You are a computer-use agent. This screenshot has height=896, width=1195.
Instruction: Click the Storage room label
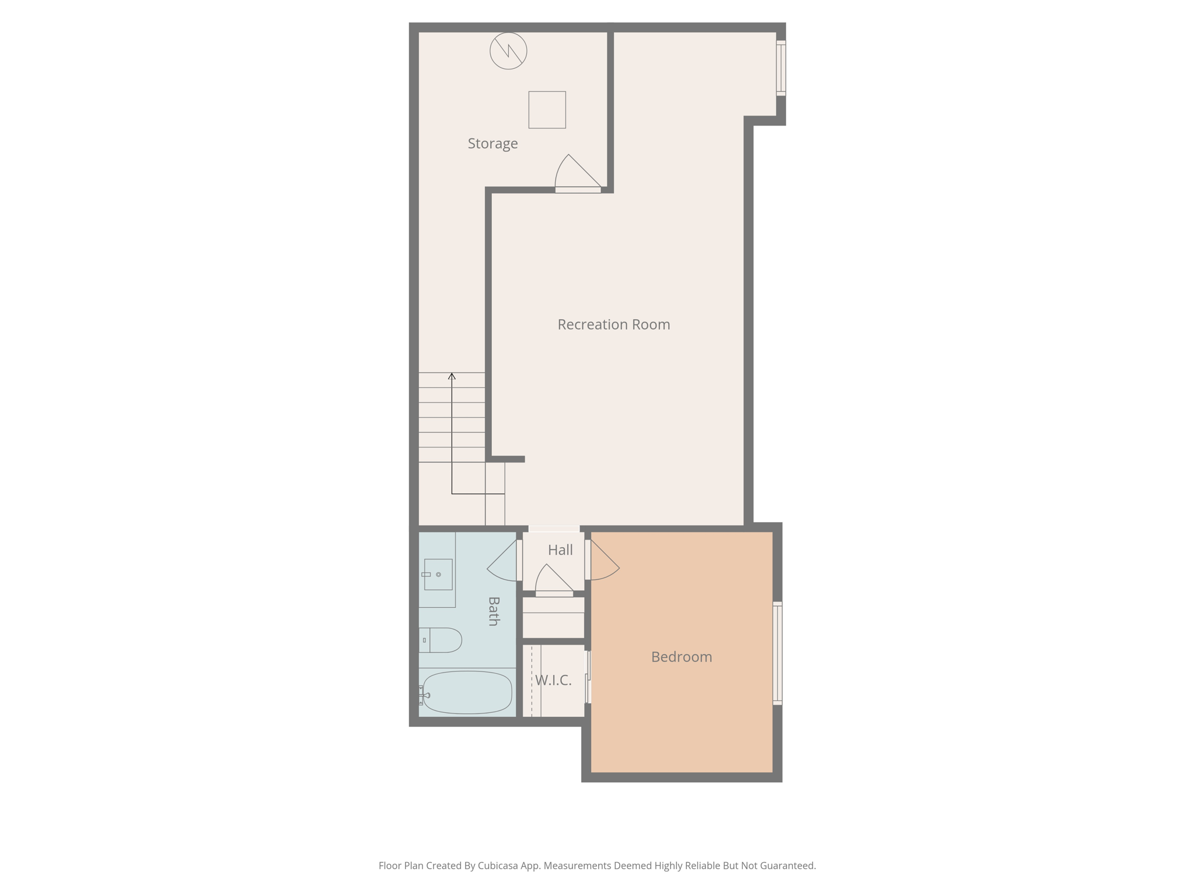492,143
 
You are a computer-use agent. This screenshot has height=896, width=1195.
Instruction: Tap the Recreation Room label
613,324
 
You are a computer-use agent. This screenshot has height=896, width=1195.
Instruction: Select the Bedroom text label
681,657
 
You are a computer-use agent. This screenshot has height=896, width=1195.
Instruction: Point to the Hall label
560,549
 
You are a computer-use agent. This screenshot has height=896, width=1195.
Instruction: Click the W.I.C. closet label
553,680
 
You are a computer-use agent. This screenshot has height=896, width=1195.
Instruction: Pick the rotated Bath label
494,611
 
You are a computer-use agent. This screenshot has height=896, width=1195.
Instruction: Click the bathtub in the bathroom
467,692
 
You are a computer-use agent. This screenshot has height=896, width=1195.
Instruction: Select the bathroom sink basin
438,575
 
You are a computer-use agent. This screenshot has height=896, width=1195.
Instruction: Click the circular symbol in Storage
508,51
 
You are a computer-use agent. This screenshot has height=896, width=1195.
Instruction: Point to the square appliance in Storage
547,110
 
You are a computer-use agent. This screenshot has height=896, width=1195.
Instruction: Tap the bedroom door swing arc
605,561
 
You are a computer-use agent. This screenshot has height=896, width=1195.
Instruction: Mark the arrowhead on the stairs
452,376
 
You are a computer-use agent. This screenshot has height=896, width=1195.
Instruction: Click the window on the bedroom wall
777,653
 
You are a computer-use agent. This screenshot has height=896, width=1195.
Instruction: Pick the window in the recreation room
781,68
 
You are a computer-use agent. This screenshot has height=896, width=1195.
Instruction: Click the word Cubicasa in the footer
499,866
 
